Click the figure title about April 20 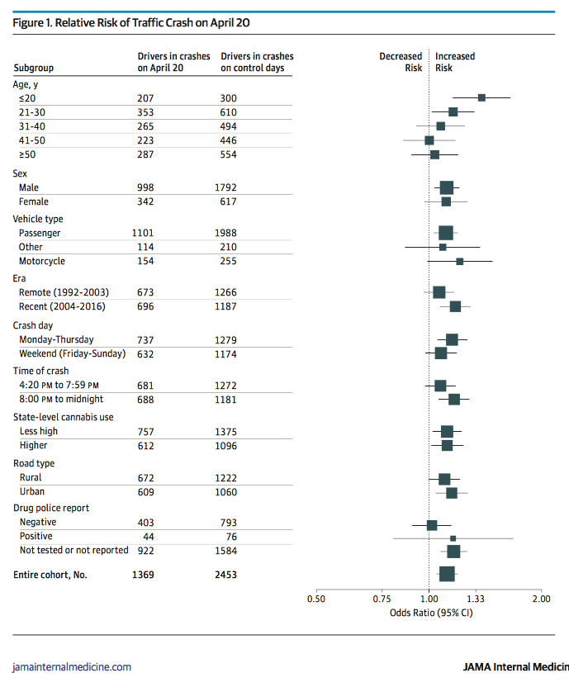click(132, 23)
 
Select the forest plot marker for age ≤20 click(481, 98)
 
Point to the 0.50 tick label click(315, 599)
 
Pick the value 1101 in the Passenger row click(143, 233)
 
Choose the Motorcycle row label click(42, 261)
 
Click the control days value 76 click(229, 537)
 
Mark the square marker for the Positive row click(453, 538)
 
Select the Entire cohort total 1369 click(143, 573)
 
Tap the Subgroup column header click(33, 68)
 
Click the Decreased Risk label click(401, 62)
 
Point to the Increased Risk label click(455, 62)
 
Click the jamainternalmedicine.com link click(72, 666)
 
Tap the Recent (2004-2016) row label click(64, 306)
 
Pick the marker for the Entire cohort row click(447, 573)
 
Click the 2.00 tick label click(540, 599)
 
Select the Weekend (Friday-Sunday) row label click(72, 353)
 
